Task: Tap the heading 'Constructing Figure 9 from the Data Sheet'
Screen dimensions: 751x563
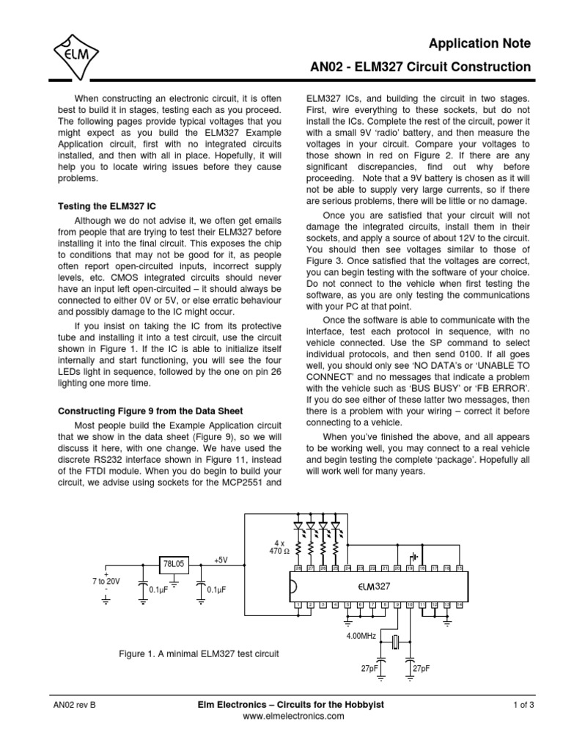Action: [150, 411]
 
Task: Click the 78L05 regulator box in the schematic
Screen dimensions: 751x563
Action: [174, 565]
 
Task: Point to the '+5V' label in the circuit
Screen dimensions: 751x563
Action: [221, 560]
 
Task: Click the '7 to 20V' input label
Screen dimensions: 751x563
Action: [107, 581]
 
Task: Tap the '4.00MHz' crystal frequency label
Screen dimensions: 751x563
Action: [361, 636]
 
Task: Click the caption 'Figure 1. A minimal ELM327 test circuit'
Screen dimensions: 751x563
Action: [199, 652]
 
